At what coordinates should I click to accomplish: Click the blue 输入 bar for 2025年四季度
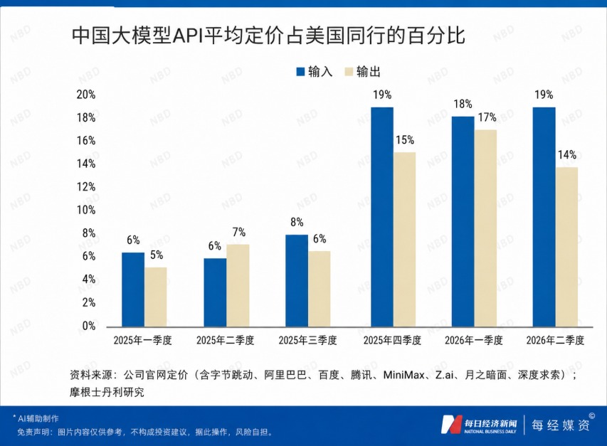[381, 217]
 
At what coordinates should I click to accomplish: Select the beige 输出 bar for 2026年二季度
[566, 247]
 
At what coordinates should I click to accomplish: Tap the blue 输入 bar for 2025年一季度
[133, 290]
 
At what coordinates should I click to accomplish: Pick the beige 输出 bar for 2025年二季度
[238, 285]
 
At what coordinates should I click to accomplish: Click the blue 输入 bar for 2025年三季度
[297, 281]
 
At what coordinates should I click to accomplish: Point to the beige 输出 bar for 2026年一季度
[485, 228]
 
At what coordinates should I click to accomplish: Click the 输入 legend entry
[314, 72]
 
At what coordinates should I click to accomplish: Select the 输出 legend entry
[362, 72]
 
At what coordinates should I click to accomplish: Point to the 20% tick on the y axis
[85, 95]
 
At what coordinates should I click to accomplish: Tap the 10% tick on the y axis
[85, 210]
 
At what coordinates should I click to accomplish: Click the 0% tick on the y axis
[89, 326]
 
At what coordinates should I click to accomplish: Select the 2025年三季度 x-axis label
[307, 341]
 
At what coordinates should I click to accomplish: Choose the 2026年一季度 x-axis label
[473, 341]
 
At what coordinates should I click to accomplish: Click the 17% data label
[487, 117]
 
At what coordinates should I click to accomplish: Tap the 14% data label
[567, 155]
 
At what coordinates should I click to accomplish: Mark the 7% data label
[239, 232]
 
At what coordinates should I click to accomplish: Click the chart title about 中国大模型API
[268, 36]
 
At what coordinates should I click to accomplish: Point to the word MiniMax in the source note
[403, 375]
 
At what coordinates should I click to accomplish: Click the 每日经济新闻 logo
[478, 425]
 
